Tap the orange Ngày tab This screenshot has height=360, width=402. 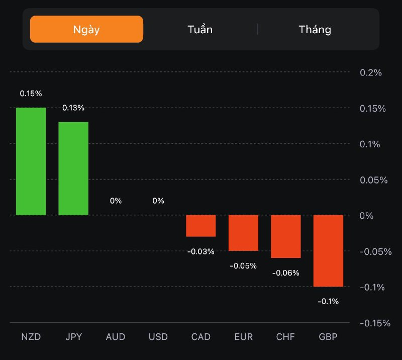coord(86,29)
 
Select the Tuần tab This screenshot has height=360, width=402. coord(200,29)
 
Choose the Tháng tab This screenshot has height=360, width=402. coord(315,29)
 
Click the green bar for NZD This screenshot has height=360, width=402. coord(31,161)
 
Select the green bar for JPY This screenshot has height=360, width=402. coord(73,168)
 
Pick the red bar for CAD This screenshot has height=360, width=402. coord(201,226)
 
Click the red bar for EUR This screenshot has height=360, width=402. coord(243,233)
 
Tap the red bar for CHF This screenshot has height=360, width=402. coord(286,236)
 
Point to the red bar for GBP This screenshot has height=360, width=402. coord(328,250)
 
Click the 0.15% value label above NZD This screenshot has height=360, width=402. coord(31,94)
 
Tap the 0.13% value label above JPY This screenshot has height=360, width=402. coord(73,108)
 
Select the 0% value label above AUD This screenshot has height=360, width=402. coord(116,201)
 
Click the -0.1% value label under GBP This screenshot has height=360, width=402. coord(328,301)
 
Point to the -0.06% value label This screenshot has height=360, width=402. coord(286,273)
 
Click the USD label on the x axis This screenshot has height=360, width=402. coord(158,336)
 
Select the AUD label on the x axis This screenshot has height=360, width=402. coord(116,336)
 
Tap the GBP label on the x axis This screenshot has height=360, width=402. coord(328,336)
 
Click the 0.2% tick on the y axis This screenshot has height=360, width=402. coord(371,72)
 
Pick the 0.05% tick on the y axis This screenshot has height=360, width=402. coord(373,180)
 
